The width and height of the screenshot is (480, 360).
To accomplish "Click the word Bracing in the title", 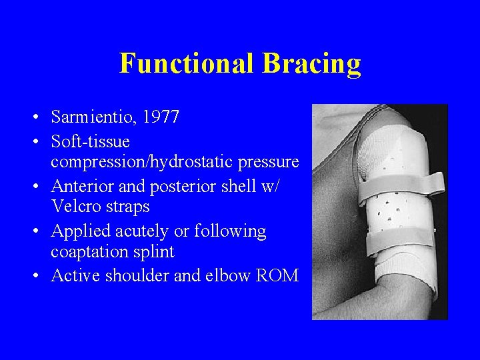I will tap(311, 64).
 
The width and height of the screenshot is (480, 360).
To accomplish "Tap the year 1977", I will tap(161, 117).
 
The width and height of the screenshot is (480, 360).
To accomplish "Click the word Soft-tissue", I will tap(90, 141).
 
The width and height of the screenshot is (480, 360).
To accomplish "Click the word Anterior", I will tap(80, 186).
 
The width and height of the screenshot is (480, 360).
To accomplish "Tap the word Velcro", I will tap(76, 207).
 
